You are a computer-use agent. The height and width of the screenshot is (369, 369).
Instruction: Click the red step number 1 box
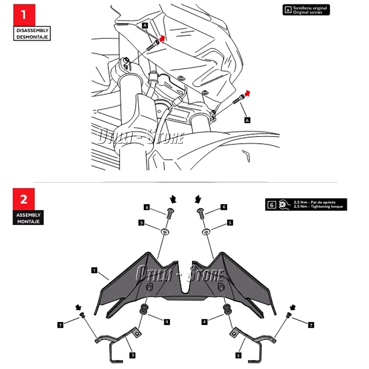pos(24,15)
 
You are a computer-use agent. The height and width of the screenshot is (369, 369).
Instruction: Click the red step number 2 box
pos(24,199)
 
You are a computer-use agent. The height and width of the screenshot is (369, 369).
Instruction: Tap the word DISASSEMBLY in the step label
pos(32,31)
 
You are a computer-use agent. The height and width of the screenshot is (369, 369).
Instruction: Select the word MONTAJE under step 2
pos(28,221)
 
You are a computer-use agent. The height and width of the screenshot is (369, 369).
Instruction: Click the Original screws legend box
pos(306,10)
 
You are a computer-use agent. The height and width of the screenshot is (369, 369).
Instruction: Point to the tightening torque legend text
pos(318,207)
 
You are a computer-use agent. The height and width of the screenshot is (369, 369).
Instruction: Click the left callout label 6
pos(146,207)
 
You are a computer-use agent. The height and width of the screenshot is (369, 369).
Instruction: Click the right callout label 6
pos(224,207)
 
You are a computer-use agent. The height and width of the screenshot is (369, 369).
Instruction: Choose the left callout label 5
pos(141,223)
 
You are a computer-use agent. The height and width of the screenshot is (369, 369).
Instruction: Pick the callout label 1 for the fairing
pos(94,270)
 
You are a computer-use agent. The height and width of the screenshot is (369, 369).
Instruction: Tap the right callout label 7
pos(311,325)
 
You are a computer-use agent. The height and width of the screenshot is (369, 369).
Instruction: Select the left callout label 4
pos(167,322)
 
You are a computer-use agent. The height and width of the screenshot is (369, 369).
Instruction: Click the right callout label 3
pos(238,355)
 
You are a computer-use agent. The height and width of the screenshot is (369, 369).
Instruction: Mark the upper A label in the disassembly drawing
pos(145,25)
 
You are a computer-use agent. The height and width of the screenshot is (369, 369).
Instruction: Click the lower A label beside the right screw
pos(247,120)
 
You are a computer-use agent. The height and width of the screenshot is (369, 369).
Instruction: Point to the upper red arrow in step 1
pos(162,38)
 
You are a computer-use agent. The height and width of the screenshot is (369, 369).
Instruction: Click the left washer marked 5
pos(164,232)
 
